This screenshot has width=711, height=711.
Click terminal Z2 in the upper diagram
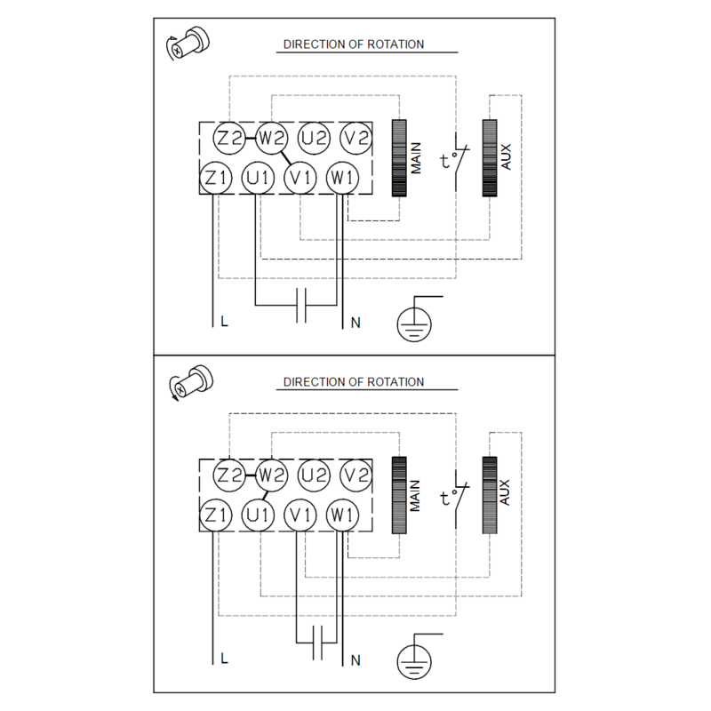pyautogui.click(x=229, y=138)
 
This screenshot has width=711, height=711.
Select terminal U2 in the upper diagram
pyautogui.click(x=314, y=138)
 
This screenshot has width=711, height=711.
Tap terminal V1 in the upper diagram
pyautogui.click(x=300, y=178)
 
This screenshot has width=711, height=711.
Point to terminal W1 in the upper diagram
pyautogui.click(x=342, y=178)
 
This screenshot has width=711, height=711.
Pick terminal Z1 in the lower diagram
pyautogui.click(x=216, y=515)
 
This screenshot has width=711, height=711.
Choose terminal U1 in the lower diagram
pyautogui.click(x=258, y=515)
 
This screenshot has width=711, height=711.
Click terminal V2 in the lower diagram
pyautogui.click(x=356, y=475)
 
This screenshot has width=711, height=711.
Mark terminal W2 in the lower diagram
pyautogui.click(x=272, y=475)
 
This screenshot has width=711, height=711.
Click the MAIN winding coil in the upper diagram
pyautogui.click(x=399, y=158)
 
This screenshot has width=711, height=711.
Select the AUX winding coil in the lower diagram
pyautogui.click(x=490, y=495)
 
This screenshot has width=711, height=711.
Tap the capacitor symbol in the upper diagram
pyautogui.click(x=301, y=305)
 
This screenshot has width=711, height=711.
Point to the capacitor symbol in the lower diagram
pyautogui.click(x=317, y=643)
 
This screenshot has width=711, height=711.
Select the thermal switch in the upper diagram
pyautogui.click(x=456, y=161)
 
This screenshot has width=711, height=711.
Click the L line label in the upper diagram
pyautogui.click(x=224, y=322)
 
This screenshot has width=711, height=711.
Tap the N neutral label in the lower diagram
pyautogui.click(x=355, y=660)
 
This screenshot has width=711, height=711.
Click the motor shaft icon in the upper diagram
pyautogui.click(x=188, y=43)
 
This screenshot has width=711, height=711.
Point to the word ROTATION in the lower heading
pyautogui.click(x=395, y=382)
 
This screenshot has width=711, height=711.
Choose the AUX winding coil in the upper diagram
pyautogui.click(x=490, y=158)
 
